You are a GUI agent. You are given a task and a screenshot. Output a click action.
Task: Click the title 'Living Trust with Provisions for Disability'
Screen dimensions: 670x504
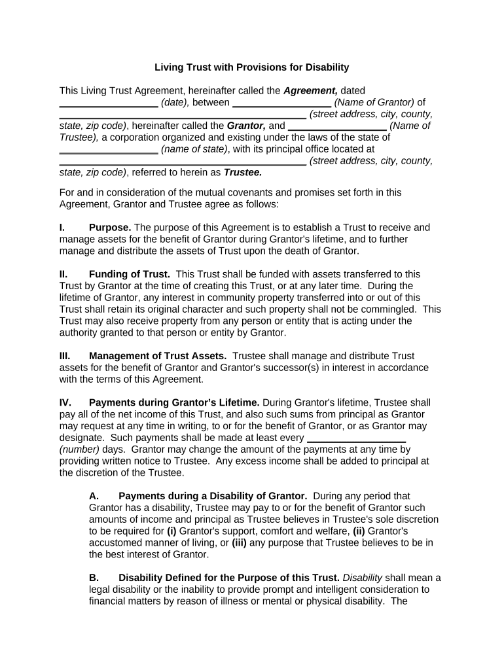251,67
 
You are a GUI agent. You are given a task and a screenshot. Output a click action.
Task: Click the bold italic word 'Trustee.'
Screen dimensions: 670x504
243,173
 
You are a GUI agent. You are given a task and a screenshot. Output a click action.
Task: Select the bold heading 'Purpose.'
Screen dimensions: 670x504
110,228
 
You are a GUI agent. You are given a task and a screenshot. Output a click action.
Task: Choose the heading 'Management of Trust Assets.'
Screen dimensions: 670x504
158,356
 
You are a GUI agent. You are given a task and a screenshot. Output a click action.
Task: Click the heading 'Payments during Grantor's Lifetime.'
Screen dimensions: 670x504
174,402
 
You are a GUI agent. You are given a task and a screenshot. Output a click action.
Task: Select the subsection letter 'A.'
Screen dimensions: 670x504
94,496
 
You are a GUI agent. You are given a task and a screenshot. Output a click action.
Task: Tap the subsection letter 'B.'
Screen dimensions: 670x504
94,578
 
